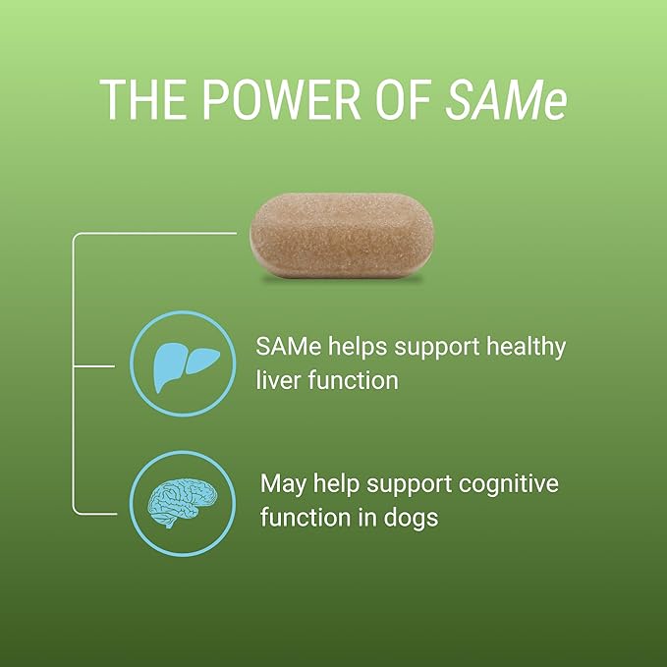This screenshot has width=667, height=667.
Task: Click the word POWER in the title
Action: point(281,99)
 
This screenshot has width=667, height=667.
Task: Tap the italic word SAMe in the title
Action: point(506,99)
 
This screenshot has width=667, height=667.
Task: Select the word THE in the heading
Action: point(143,99)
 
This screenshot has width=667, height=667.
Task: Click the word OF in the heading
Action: point(403,99)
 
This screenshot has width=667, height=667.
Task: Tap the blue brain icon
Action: point(183,503)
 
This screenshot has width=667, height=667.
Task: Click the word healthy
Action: point(526,348)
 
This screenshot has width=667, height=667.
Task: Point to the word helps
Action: point(358,348)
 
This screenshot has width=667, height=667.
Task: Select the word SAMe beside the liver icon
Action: point(289,346)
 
